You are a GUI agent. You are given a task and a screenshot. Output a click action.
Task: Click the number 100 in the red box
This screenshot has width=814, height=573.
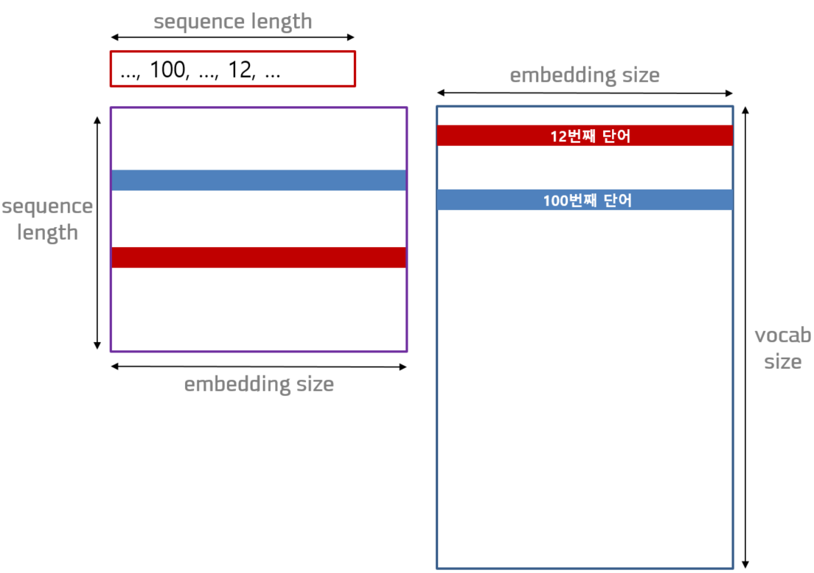coord(167,69)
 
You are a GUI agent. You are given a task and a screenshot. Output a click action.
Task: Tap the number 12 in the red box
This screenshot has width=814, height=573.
coord(240,69)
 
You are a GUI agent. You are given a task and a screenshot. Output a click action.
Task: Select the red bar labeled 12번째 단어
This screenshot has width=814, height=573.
coord(585,136)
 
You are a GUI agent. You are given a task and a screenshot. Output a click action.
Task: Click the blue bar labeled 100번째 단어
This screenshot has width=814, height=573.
coord(585,200)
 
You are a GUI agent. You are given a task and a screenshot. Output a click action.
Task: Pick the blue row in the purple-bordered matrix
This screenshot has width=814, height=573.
coord(259,180)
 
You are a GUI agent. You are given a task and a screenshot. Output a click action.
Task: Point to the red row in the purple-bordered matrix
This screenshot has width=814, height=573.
coord(259,257)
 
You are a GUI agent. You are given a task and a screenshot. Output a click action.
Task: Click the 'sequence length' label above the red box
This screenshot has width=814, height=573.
coord(232,22)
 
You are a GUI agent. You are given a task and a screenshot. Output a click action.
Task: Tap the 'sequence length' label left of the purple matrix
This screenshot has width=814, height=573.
coord(47,220)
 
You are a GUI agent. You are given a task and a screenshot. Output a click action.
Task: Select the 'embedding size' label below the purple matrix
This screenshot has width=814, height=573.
coord(259,385)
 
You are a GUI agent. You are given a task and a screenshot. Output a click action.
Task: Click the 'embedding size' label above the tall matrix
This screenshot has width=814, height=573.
coord(585,75)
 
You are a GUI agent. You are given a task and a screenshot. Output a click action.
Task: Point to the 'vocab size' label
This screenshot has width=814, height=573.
coord(783,349)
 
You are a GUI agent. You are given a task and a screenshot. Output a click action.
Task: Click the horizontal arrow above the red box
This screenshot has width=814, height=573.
coord(232,38)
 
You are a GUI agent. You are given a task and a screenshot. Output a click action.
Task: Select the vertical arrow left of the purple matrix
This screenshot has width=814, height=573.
coord(97,233)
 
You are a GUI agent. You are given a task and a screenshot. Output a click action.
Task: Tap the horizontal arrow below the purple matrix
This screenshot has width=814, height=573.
coord(259,367)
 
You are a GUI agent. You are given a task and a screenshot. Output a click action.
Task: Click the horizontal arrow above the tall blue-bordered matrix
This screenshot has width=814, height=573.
coord(585,93)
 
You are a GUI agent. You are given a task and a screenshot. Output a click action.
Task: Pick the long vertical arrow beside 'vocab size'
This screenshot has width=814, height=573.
coord(745,337)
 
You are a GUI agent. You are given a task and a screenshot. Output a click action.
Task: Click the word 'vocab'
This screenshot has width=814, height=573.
coord(783,336)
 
